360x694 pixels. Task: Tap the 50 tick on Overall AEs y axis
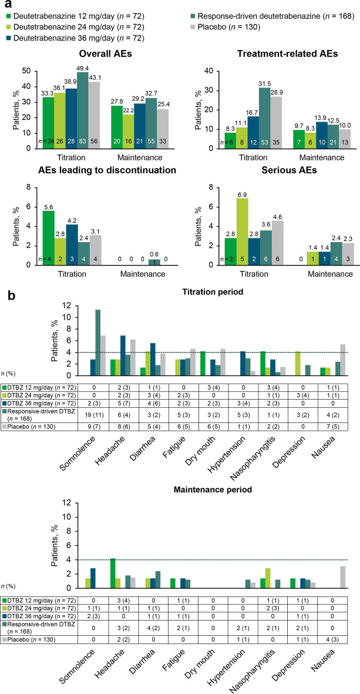(x=26, y=71)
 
